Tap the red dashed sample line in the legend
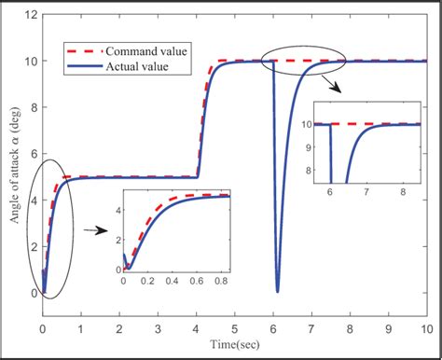coord(83,50)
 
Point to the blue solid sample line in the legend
coord(83,67)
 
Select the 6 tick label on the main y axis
coord(32,154)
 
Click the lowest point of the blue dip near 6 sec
coord(276,290)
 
